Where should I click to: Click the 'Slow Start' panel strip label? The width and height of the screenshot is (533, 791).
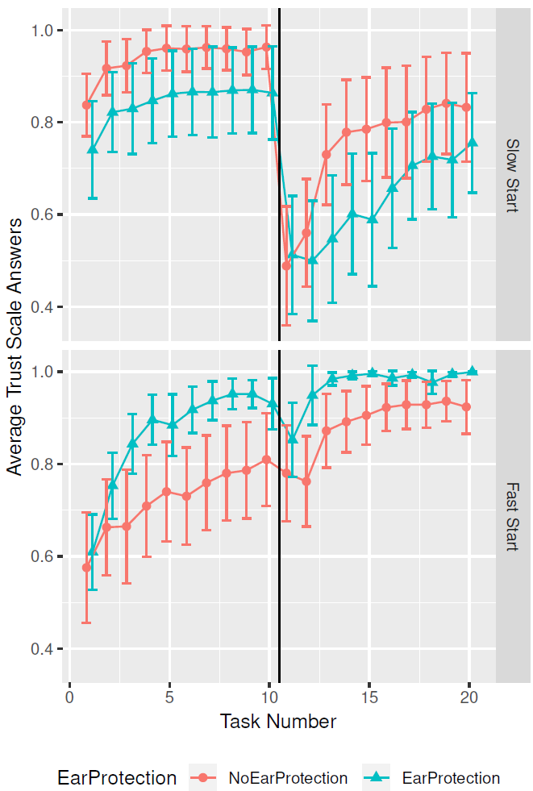tap(512, 175)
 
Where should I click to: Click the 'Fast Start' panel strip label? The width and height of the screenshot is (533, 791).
tap(512, 516)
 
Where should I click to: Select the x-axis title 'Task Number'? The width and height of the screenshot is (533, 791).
tap(278, 721)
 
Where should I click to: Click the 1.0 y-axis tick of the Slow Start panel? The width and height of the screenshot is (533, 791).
tap(40, 31)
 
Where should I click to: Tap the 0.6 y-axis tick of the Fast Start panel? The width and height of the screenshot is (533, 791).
tap(40, 557)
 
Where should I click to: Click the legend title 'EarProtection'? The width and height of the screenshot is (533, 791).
tap(117, 778)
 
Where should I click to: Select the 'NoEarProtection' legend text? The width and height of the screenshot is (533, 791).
tap(288, 778)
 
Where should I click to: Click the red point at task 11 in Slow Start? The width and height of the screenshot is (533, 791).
tap(286, 265)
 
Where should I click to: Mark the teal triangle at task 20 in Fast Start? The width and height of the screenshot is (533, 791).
tap(473, 371)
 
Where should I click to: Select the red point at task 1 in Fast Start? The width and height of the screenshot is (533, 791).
tap(86, 568)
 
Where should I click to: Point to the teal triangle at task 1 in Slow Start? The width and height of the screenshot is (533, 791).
tap(93, 149)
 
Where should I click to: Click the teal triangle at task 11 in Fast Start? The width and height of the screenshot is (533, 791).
tap(293, 438)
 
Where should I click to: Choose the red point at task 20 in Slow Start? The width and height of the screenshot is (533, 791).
tap(466, 107)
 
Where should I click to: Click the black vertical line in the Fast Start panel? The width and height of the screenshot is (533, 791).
tap(279, 564)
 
